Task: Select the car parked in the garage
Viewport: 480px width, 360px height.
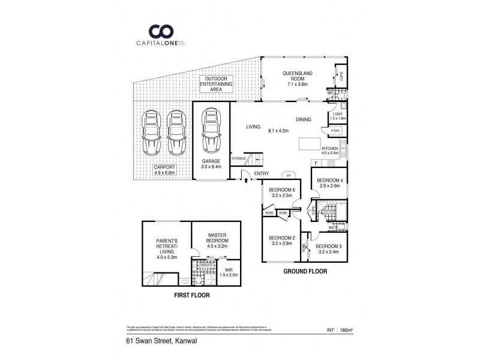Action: (211, 132)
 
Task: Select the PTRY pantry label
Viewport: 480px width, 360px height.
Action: (334, 131)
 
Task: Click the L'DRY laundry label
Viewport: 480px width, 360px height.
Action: (337, 116)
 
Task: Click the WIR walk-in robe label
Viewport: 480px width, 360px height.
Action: (228, 272)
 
